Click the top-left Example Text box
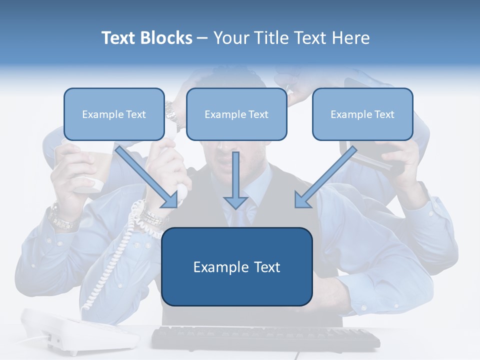[114, 114]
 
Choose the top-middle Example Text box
[236, 114]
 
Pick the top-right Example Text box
[362, 114]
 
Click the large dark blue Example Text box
[236, 267]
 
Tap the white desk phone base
[80, 330]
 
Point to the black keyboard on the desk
[265, 338]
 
